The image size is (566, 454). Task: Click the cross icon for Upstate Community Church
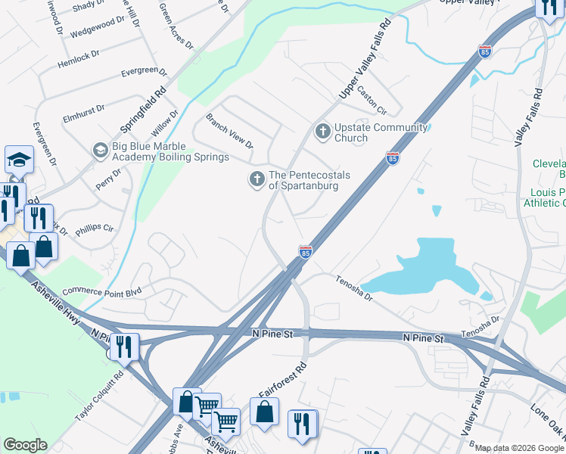(323, 132)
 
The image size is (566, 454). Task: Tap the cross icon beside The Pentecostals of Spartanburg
(257, 179)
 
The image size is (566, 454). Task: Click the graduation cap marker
(19, 160)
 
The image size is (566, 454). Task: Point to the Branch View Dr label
(229, 130)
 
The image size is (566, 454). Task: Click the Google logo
(25, 445)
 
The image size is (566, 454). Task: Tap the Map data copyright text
(519, 448)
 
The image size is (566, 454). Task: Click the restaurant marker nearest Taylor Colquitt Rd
(124, 347)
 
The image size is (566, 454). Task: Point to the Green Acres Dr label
(175, 22)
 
